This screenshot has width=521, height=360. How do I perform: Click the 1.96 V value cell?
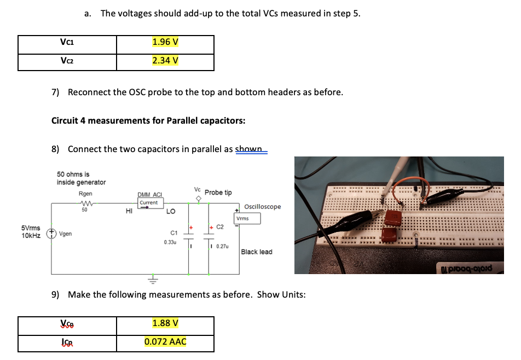(165, 42)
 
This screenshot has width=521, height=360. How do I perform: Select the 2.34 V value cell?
(165, 60)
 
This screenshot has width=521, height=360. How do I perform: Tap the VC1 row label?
(67, 42)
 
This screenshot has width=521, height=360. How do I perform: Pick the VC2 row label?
(67, 60)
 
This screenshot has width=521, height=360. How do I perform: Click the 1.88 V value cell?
(165, 323)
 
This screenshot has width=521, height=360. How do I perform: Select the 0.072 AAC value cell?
(165, 342)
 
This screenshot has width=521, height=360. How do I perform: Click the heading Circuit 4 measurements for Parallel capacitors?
(148, 120)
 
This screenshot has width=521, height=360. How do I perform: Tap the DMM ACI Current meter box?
(148, 202)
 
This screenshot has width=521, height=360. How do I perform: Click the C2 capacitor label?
(220, 227)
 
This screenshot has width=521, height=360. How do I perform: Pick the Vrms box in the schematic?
(247, 218)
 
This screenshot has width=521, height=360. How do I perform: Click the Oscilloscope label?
(263, 207)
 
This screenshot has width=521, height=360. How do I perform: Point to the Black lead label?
(256, 252)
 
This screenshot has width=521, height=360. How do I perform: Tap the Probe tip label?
(218, 193)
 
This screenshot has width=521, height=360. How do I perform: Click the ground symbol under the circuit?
(154, 279)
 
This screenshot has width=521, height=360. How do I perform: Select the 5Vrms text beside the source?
(31, 227)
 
